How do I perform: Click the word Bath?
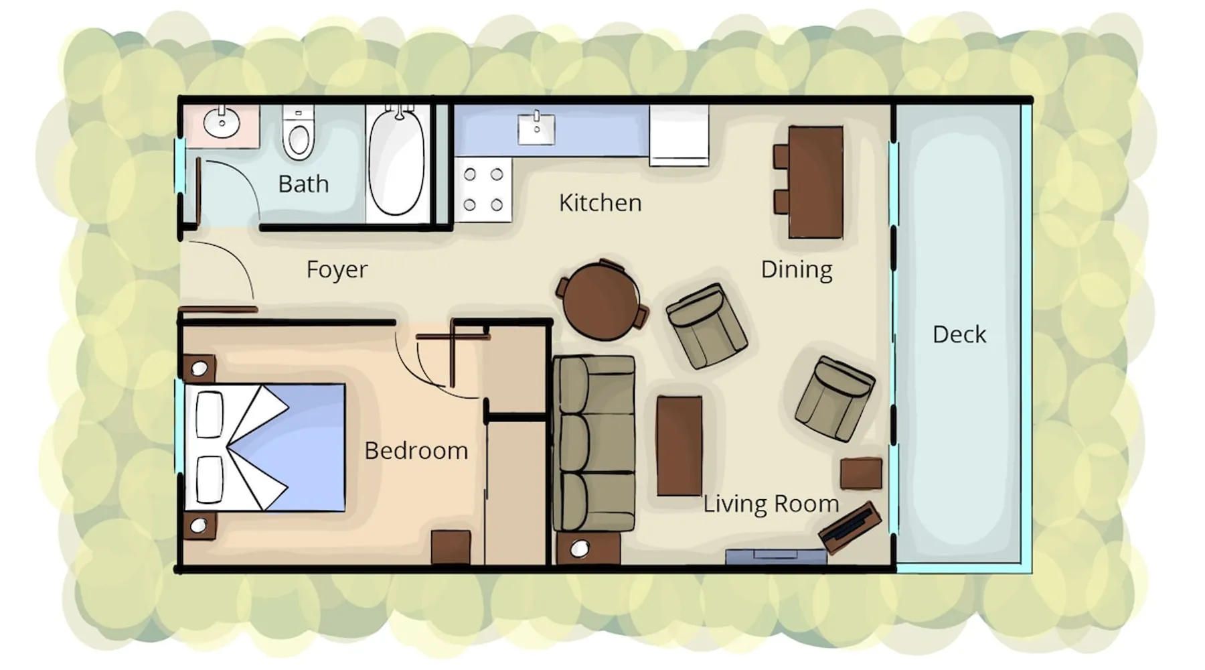(x=303, y=184)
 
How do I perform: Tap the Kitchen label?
(x=600, y=202)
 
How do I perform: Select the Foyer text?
(x=337, y=269)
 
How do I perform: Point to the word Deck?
(x=959, y=334)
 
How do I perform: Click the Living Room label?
(x=771, y=503)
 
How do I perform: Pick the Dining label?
(x=796, y=269)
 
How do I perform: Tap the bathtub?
(x=396, y=163)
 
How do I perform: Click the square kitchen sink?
(x=536, y=129)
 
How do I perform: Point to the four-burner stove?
(x=483, y=190)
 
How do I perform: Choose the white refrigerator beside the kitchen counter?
(x=679, y=135)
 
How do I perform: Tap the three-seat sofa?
(x=594, y=444)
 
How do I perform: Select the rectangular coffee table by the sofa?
(x=679, y=446)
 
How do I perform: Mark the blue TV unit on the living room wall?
(x=777, y=557)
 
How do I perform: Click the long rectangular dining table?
(x=815, y=182)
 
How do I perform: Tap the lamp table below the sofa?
(x=588, y=549)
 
